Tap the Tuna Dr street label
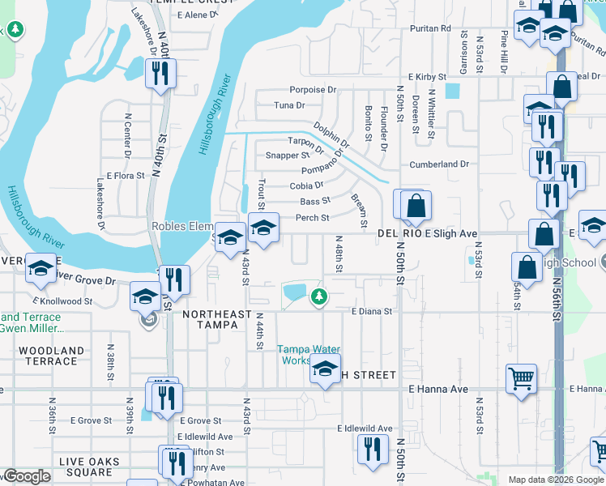click(289, 105)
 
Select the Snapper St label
click(288, 156)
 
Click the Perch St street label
click(312, 218)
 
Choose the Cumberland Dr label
click(439, 164)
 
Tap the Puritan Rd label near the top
click(429, 28)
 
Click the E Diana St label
click(371, 311)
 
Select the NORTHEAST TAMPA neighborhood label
click(211, 319)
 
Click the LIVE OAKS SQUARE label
click(89, 467)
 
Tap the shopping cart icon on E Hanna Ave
click(521, 377)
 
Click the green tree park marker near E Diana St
click(320, 296)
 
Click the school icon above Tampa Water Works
click(325, 369)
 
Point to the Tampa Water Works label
click(305, 355)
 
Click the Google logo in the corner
click(27, 476)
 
